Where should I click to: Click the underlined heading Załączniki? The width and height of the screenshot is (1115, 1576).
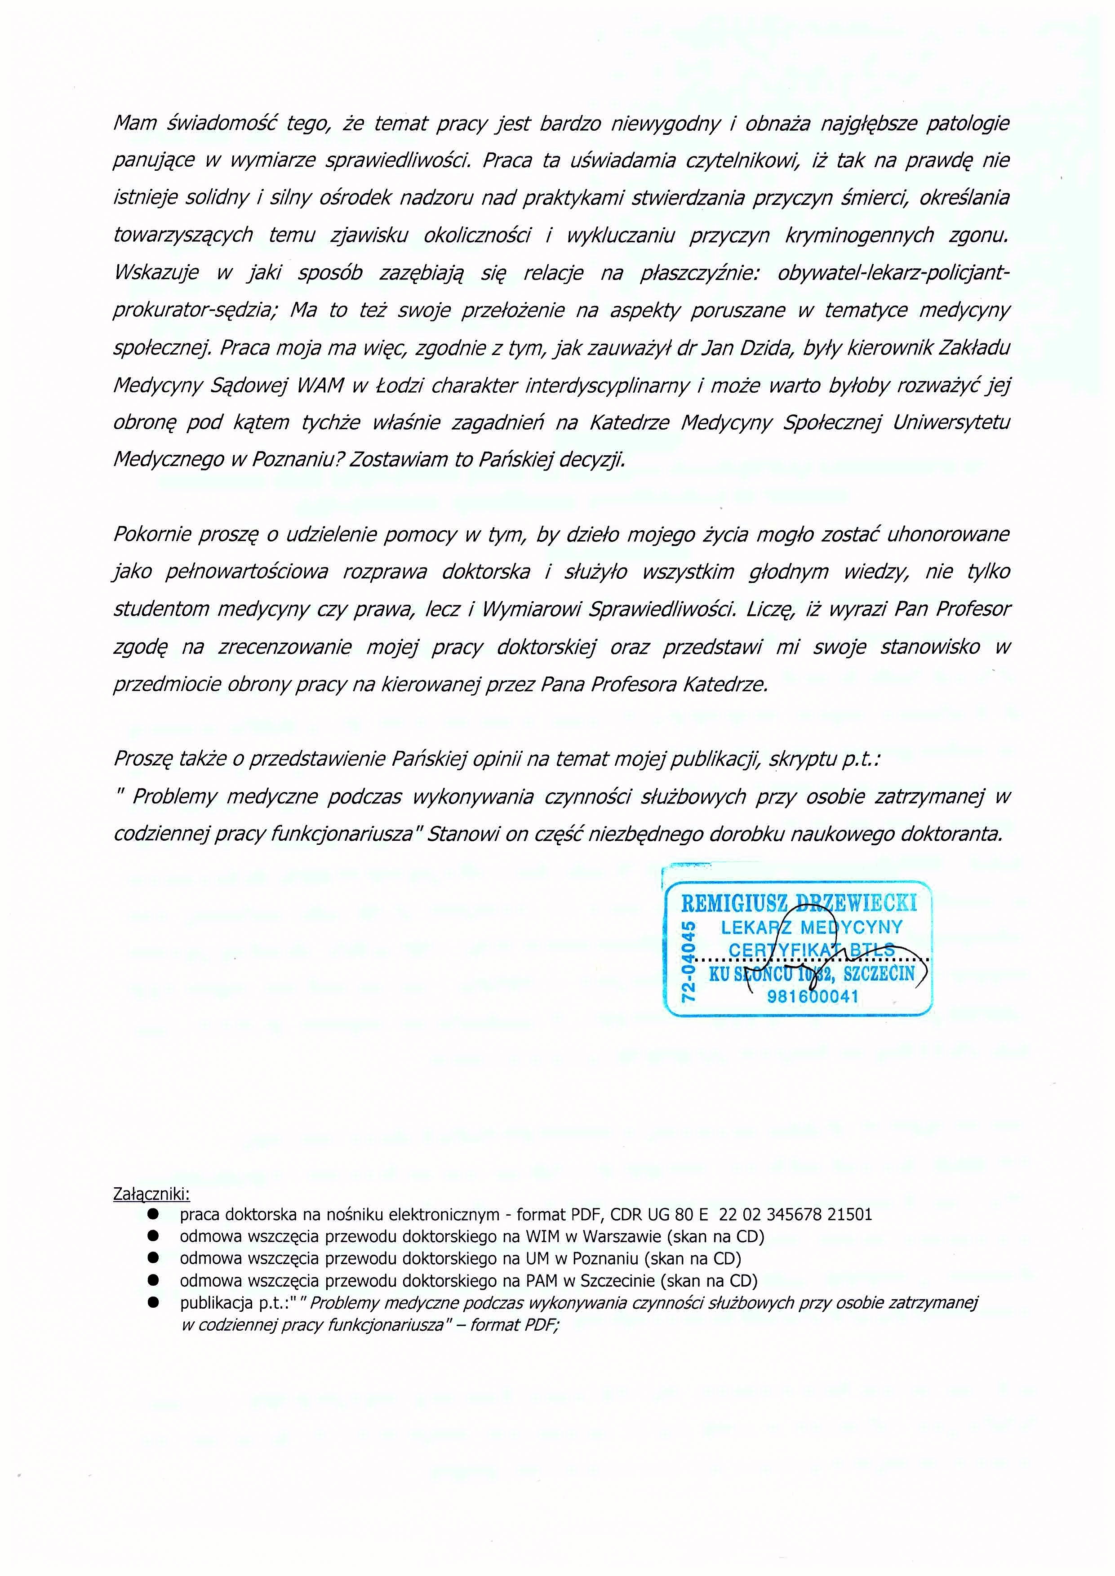pyautogui.click(x=151, y=1194)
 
